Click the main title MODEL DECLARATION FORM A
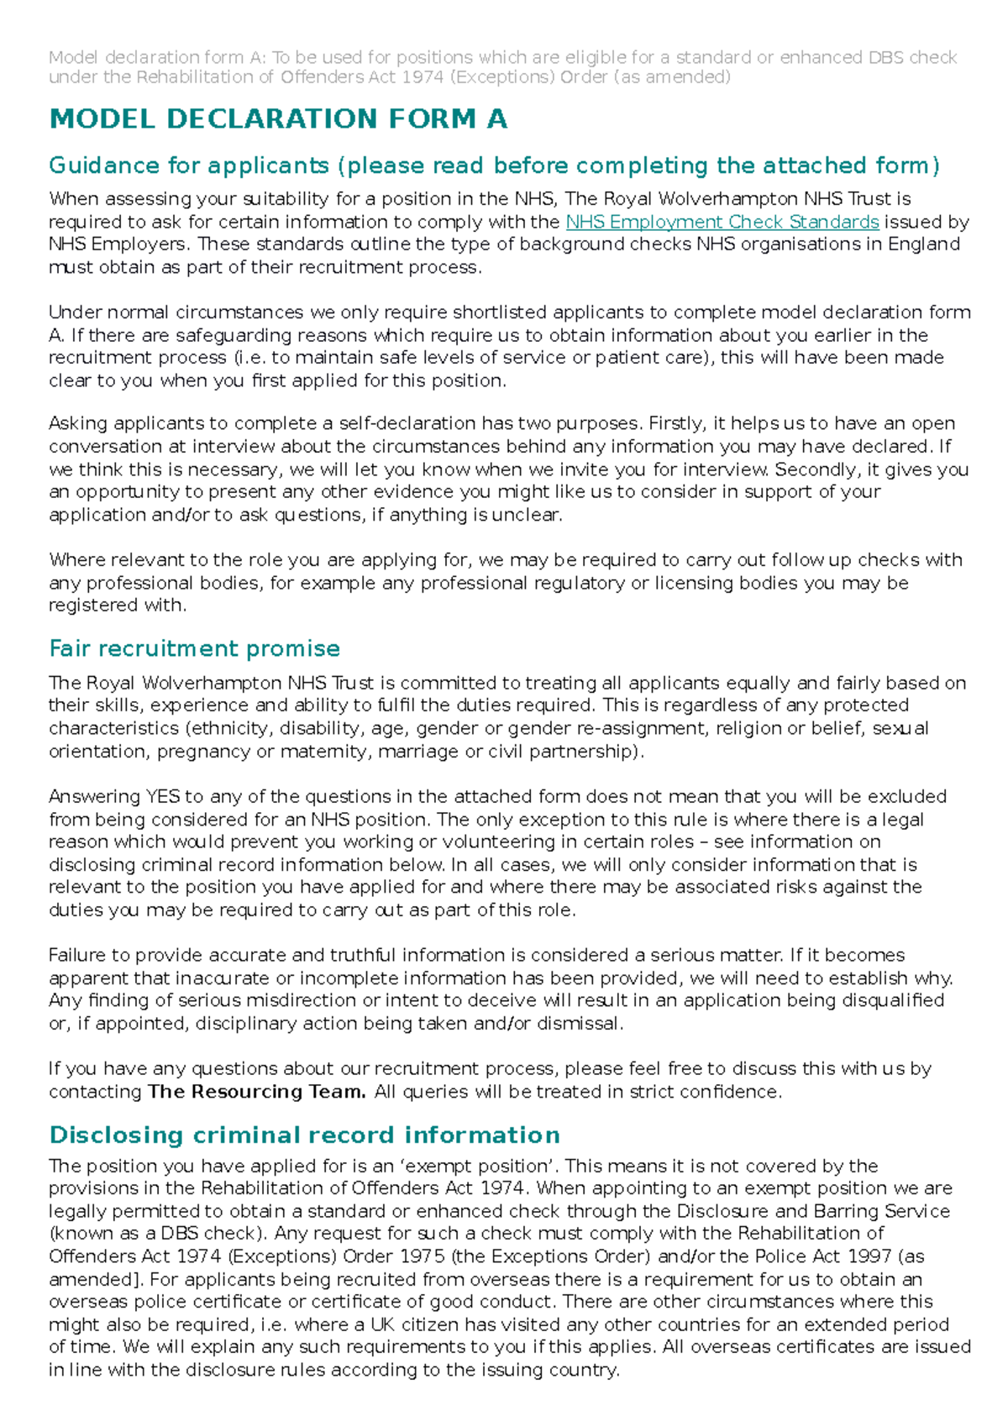tap(278, 119)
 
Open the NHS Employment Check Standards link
tap(722, 222)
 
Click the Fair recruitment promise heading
tap(194, 648)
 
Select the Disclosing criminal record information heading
tap(304, 1135)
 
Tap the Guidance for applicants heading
tap(494, 165)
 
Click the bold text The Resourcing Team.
tap(256, 1092)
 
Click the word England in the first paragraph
tap(921, 244)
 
